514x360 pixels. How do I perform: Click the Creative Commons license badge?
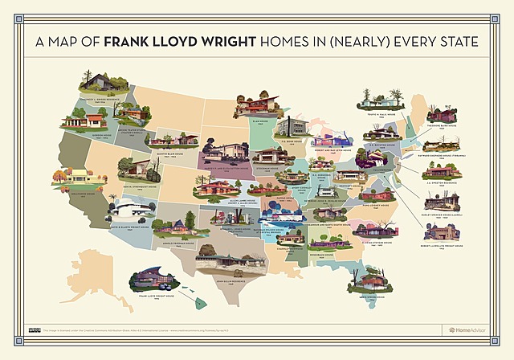tap(35, 329)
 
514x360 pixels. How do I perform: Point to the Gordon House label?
tap(82, 135)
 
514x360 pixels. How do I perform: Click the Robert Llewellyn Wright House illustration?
tap(442, 229)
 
